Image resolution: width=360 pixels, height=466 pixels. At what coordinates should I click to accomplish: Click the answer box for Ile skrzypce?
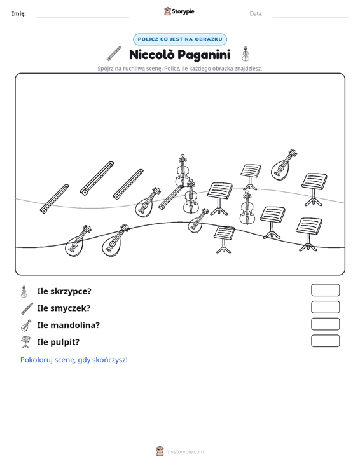(x=325, y=290)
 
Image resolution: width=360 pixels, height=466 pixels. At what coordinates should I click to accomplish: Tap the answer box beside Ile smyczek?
(x=325, y=307)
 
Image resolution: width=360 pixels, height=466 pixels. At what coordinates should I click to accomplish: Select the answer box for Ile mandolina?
(x=325, y=324)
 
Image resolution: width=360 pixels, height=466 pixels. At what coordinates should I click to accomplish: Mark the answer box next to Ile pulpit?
(x=325, y=341)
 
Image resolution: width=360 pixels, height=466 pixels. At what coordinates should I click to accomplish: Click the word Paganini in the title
(x=204, y=55)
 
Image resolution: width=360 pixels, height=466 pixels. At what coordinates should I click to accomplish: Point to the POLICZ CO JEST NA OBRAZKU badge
(x=180, y=39)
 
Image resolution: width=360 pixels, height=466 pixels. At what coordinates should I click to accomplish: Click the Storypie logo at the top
(x=179, y=11)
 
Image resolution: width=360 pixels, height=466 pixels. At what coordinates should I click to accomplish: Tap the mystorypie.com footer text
(x=184, y=452)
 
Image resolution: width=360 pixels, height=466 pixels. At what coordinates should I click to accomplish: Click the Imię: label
(x=18, y=14)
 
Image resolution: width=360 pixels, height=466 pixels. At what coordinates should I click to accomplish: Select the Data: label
(x=256, y=14)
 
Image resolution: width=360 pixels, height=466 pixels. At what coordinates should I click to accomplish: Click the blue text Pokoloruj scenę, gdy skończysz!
(x=74, y=360)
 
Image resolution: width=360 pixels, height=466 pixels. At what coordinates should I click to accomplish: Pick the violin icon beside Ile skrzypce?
(x=24, y=291)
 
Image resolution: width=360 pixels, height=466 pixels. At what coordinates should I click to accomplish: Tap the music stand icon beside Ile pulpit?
(x=25, y=342)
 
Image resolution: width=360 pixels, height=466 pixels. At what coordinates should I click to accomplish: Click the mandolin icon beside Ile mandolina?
(x=26, y=326)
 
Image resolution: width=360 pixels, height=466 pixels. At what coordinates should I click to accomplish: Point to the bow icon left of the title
(x=114, y=53)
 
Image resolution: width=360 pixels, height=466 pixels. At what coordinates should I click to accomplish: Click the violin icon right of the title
(x=246, y=53)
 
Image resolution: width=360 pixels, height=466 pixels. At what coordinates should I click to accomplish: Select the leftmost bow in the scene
(x=55, y=198)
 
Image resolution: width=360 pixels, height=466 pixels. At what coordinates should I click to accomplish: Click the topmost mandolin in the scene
(x=284, y=165)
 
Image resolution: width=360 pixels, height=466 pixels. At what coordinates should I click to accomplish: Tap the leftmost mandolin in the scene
(x=78, y=241)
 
